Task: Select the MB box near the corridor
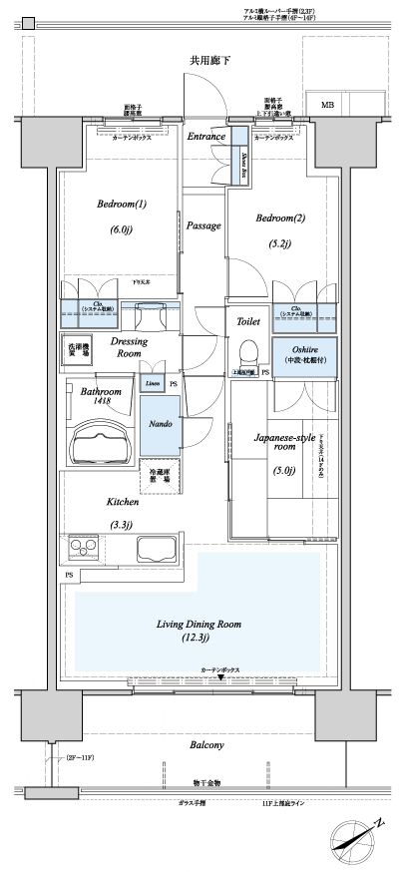click(327, 105)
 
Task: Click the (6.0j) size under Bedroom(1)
click(122, 228)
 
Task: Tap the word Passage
click(203, 226)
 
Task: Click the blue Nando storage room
click(160, 424)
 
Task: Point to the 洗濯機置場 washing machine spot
click(79, 350)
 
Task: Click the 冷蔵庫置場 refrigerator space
click(160, 476)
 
